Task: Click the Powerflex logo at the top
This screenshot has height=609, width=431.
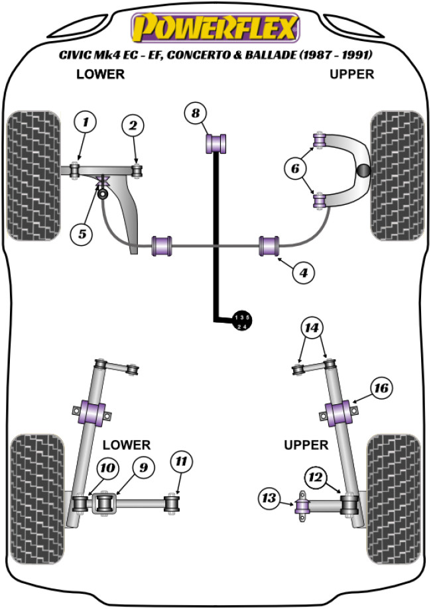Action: (x=215, y=28)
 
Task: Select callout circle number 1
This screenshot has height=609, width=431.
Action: (x=85, y=122)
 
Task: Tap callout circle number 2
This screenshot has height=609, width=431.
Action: (x=133, y=125)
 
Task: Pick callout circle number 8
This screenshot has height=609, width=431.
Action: (x=195, y=113)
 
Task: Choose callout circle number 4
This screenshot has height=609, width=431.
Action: (x=303, y=271)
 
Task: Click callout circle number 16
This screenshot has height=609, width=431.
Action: (x=381, y=387)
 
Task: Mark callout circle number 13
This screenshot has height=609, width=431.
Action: (x=270, y=498)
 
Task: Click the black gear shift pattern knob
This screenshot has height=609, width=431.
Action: (x=242, y=319)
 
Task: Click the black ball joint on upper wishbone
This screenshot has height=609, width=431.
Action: (x=364, y=170)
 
